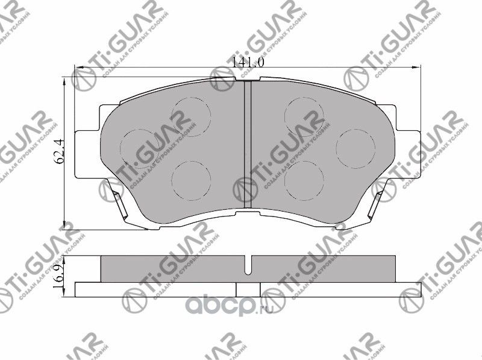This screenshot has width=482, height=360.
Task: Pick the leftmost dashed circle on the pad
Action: [140, 148]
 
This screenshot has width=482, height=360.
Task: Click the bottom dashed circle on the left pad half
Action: [190, 180]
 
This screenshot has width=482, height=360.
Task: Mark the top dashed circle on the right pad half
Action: [304, 115]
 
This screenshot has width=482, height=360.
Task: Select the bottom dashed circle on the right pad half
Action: [304, 180]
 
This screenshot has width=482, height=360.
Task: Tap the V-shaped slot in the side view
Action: [247, 263]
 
